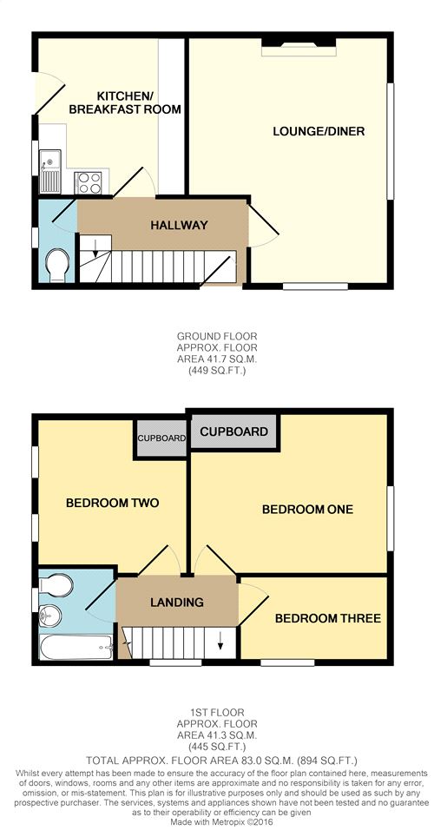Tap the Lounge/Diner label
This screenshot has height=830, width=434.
[319, 131]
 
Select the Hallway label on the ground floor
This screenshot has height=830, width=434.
[179, 225]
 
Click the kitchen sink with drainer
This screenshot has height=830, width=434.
[50, 171]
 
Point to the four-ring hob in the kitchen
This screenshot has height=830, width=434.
[89, 182]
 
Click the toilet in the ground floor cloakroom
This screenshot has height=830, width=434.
[56, 266]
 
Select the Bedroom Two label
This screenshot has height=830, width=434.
[112, 503]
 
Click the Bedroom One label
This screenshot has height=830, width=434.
[307, 510]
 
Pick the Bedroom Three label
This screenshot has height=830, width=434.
[327, 618]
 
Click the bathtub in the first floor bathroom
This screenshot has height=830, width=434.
[76, 647]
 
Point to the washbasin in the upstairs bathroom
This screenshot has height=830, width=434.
[50, 616]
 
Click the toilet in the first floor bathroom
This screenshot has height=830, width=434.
[56, 586]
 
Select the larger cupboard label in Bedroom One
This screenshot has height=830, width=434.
[234, 431]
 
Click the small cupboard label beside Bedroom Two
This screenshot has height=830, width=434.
[161, 438]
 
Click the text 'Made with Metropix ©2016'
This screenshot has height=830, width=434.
[217, 822]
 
